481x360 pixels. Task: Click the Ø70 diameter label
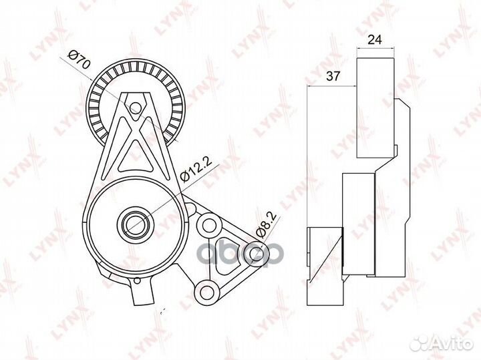point(79,60)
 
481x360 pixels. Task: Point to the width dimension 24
point(375,40)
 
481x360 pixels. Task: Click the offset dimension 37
point(333,75)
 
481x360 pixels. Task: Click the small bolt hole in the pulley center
point(134,108)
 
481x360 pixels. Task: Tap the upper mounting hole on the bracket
point(209,225)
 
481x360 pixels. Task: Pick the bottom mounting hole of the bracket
point(206,291)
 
